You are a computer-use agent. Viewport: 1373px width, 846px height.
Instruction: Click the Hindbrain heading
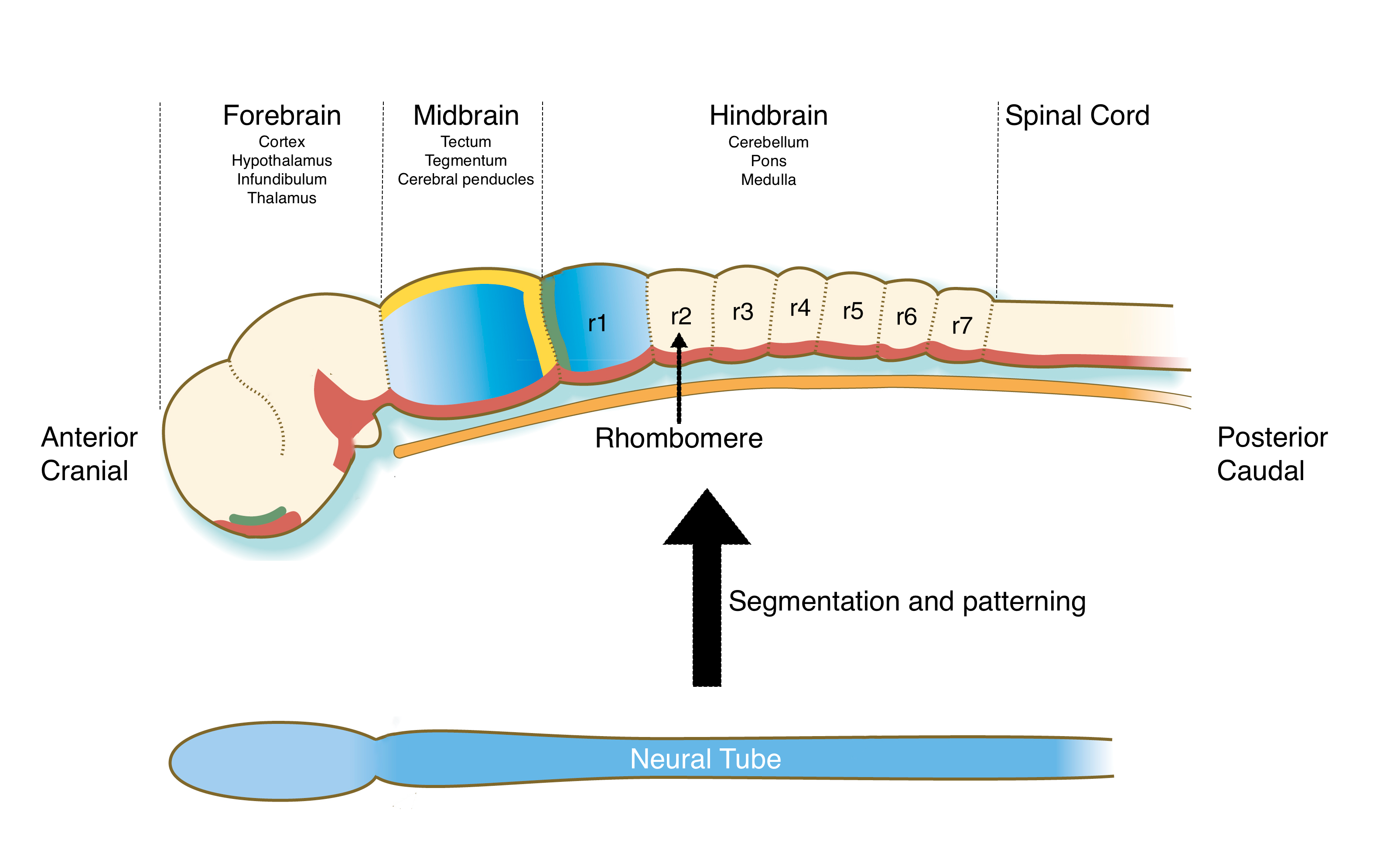(768, 116)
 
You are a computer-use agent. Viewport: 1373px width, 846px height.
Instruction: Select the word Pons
(768, 161)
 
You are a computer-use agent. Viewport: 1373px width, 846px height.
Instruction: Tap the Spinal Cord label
(1076, 116)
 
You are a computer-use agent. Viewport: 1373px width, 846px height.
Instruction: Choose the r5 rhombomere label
(853, 311)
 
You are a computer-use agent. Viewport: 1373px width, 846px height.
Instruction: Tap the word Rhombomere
(678, 438)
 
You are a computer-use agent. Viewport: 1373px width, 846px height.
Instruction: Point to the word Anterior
(89, 437)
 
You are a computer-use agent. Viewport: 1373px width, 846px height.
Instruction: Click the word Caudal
(1260, 471)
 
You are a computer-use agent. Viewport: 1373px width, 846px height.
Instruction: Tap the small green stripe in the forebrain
(257, 517)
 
